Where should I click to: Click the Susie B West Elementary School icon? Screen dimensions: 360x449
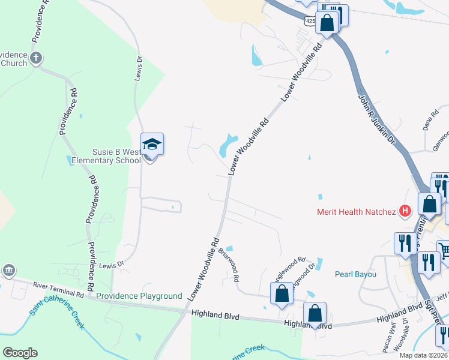[x=152, y=145]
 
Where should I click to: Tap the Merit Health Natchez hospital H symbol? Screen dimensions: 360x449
[x=405, y=211]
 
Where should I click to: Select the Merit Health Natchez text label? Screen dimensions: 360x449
[x=357, y=212]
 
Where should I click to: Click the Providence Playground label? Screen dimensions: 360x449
[x=139, y=296]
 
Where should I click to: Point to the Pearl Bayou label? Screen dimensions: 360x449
[x=355, y=274]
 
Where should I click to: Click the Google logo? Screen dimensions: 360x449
[x=20, y=353]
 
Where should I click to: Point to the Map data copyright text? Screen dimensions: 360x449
[x=423, y=355]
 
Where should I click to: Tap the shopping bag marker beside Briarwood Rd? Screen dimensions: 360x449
[x=281, y=294]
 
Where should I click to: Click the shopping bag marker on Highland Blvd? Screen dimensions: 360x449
[x=315, y=313]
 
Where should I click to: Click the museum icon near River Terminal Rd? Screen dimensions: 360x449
[x=9, y=271]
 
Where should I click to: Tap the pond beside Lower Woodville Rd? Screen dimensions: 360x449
[x=228, y=145]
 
